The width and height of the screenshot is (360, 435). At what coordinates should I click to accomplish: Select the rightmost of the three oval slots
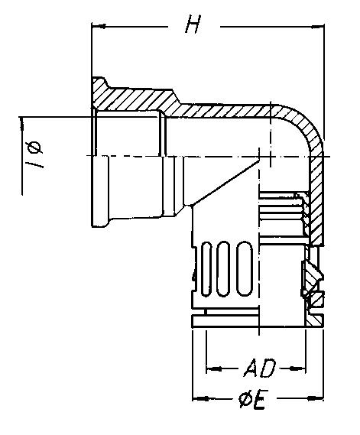[x=245, y=264]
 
